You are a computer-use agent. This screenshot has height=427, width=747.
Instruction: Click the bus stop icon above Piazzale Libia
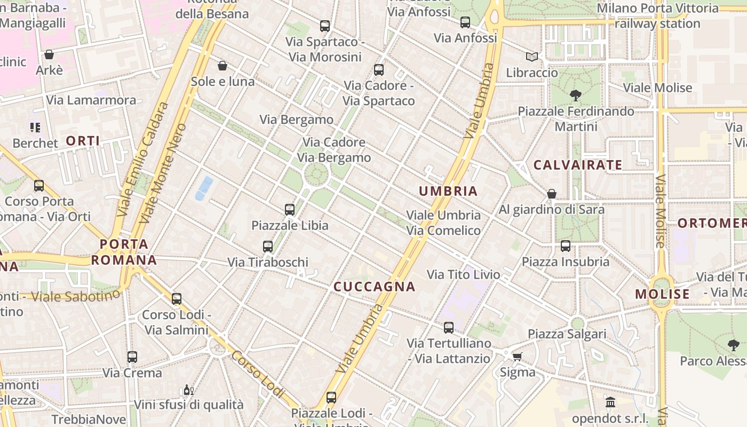click(x=290, y=210)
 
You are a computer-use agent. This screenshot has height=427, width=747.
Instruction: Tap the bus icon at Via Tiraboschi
click(x=268, y=247)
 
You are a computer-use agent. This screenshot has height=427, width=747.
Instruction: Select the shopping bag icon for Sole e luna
click(x=222, y=66)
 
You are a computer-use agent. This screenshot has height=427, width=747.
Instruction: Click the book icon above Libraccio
click(x=531, y=57)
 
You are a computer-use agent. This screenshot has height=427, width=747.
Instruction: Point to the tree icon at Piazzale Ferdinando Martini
click(x=575, y=96)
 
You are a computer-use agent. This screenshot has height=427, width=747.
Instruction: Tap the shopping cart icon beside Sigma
click(x=517, y=357)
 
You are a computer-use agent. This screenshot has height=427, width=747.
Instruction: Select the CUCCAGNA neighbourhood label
click(x=374, y=287)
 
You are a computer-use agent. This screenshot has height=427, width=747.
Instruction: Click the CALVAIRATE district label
click(x=578, y=165)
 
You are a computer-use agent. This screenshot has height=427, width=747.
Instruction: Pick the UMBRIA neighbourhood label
click(x=448, y=191)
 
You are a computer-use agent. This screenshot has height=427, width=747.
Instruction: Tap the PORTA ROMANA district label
click(x=124, y=252)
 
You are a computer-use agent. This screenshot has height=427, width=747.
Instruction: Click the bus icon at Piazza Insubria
click(x=566, y=246)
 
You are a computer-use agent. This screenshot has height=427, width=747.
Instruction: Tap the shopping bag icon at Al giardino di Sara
click(x=552, y=194)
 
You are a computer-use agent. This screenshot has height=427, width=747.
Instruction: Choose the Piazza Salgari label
click(x=567, y=334)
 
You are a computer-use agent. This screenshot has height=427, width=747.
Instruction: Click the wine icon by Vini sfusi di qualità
click(x=188, y=390)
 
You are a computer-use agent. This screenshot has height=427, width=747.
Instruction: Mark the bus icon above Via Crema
click(x=132, y=357)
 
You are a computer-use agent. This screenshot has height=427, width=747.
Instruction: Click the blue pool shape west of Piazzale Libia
click(x=204, y=188)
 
